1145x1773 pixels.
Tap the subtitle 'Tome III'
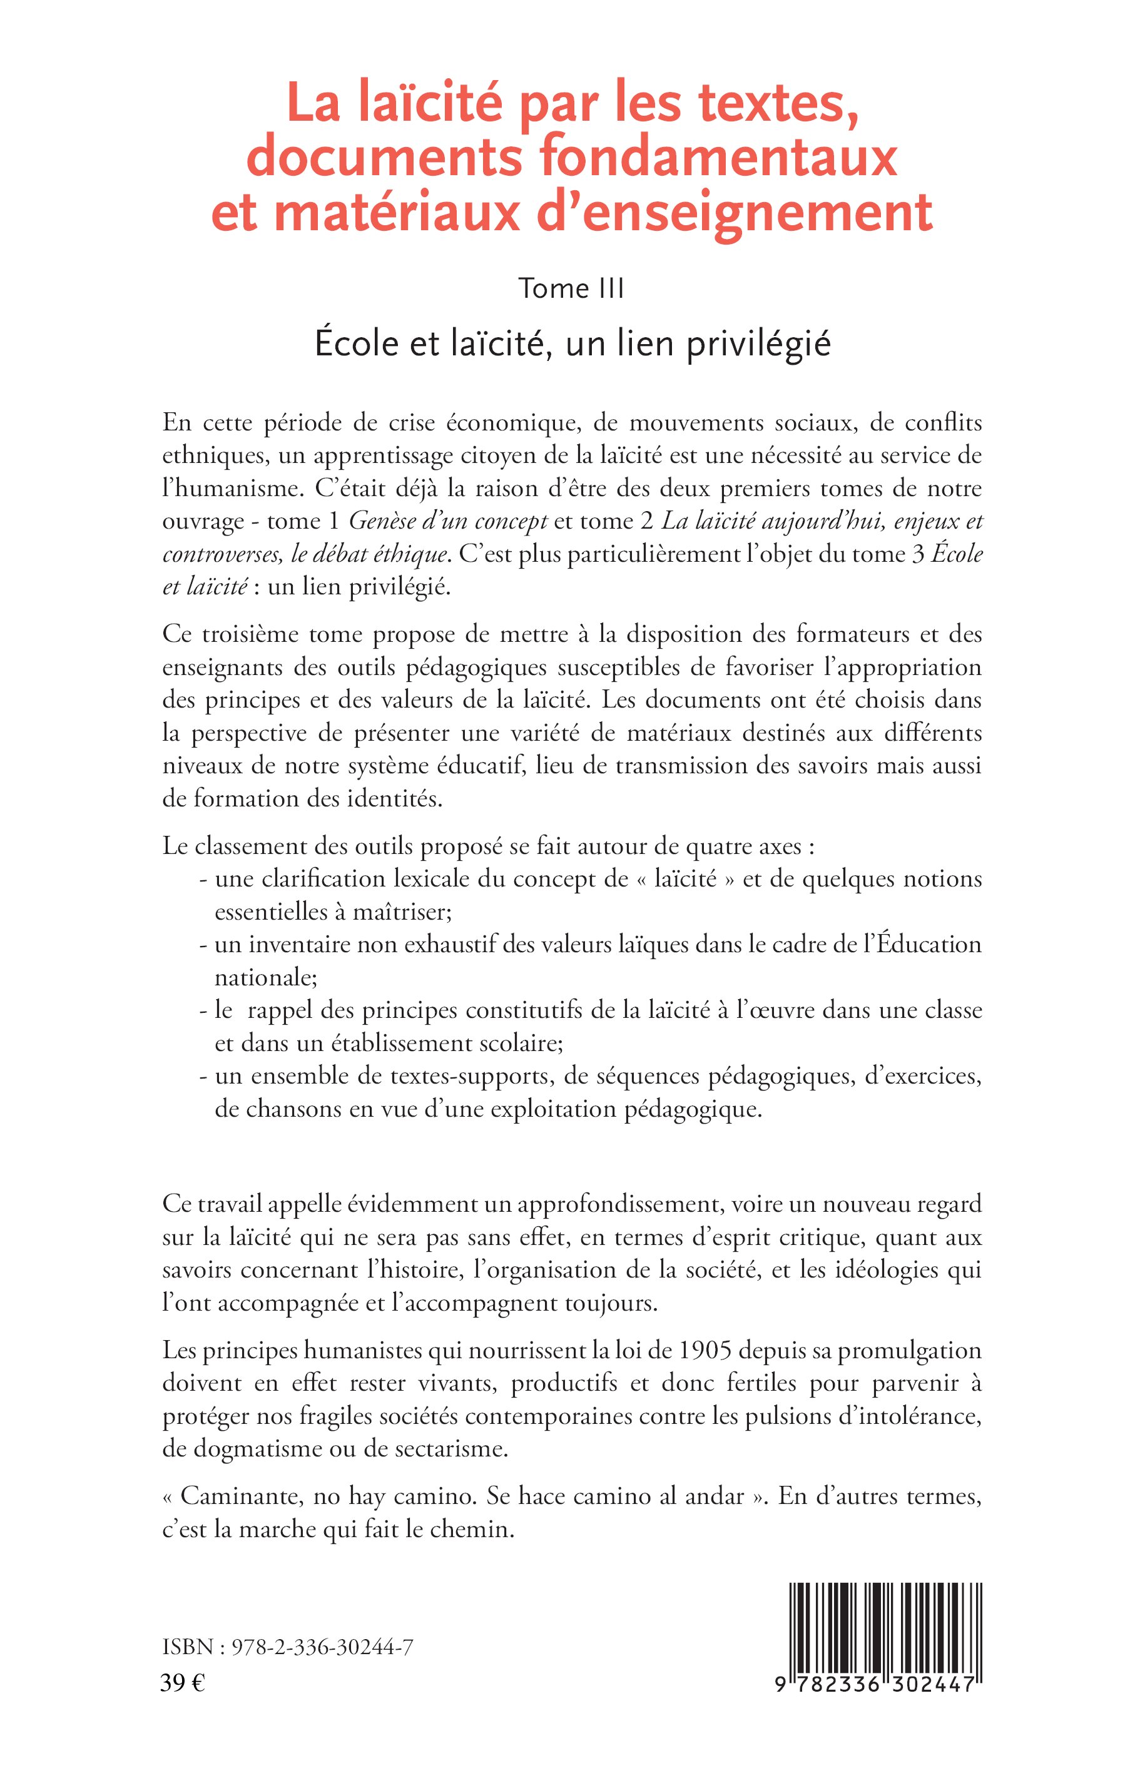tap(571, 288)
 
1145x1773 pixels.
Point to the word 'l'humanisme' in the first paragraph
tap(228, 489)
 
